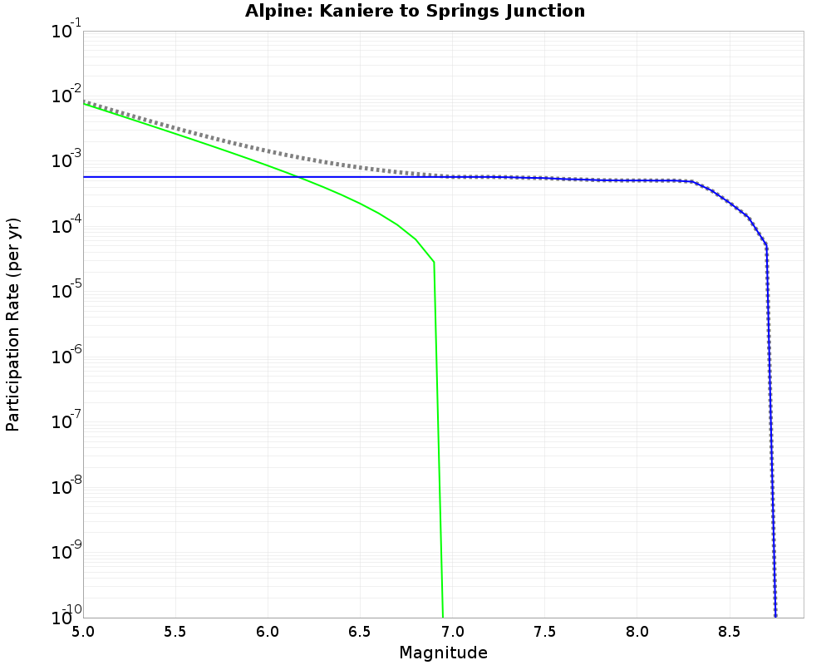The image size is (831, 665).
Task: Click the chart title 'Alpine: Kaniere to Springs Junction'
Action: [415, 12]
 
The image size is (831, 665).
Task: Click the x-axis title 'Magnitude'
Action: [443, 653]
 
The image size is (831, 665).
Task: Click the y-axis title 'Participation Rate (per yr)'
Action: [13, 324]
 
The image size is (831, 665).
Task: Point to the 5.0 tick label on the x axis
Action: [83, 632]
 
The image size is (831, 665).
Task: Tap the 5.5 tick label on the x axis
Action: [175, 632]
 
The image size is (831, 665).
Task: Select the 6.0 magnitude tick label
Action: [268, 632]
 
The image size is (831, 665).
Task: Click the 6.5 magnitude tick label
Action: [360, 632]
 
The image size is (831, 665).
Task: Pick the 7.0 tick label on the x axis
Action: [452, 632]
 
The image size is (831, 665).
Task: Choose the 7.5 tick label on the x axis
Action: [544, 632]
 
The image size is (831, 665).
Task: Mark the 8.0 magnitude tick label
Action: [637, 632]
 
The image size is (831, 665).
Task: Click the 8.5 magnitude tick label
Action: [729, 632]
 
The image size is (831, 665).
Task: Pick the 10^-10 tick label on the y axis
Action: [63, 616]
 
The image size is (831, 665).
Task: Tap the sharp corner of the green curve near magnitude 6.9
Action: [434, 263]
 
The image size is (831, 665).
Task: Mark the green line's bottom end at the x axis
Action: [443, 617]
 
